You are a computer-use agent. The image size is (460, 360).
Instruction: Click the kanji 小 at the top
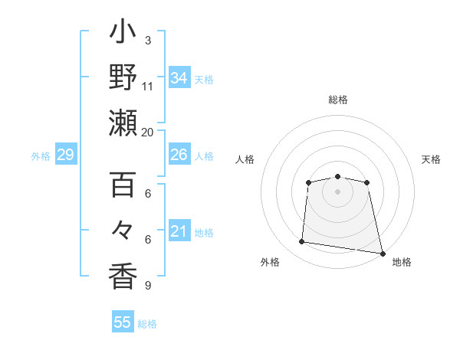(123, 35)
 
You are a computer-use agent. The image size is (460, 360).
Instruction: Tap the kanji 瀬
(123, 123)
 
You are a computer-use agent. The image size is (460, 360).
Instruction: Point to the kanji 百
(123, 185)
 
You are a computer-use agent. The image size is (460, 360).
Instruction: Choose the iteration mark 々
(123, 230)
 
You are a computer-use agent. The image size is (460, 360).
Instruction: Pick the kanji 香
(123, 273)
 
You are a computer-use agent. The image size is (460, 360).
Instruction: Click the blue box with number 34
(179, 78)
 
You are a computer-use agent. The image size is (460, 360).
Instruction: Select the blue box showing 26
(179, 155)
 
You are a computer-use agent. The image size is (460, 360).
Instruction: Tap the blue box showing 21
(179, 231)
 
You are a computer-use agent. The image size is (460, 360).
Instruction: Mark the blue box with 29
(66, 155)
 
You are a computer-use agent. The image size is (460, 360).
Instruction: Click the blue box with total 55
(123, 322)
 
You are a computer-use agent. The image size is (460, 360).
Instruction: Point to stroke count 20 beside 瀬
(148, 131)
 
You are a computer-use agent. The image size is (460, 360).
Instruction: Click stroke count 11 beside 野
(148, 86)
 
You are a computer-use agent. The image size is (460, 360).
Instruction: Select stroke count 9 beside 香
(148, 285)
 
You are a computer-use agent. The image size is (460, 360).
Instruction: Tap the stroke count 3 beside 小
(148, 40)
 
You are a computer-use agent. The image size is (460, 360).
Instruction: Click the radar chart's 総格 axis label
(338, 100)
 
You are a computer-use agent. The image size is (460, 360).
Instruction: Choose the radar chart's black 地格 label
(402, 262)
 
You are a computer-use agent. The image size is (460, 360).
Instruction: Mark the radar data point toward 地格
(381, 252)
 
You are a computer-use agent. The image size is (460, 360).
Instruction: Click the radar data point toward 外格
(302, 242)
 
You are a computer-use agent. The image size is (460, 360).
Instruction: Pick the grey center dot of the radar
(337, 191)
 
